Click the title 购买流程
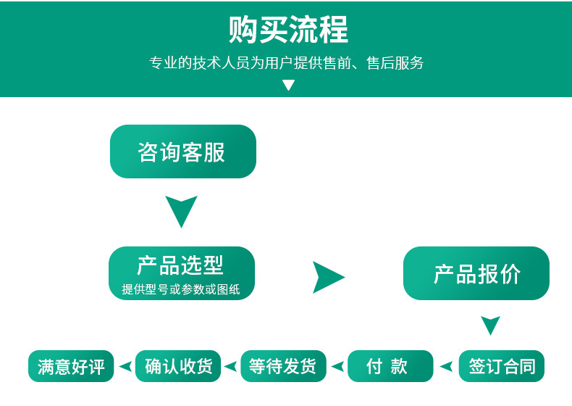[x=288, y=29]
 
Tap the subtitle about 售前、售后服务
[x=287, y=63]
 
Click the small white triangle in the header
[x=289, y=85]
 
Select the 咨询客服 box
[x=183, y=152]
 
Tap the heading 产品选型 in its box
[x=180, y=265]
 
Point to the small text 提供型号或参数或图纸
[x=181, y=289]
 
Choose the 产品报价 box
[x=476, y=273]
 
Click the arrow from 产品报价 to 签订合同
[x=490, y=324]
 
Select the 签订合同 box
[x=502, y=366]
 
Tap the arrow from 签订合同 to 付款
[x=447, y=366]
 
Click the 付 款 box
[x=390, y=366]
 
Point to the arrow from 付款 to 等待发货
[x=339, y=366]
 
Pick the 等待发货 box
[x=283, y=366]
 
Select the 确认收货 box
[x=178, y=366]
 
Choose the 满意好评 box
[x=71, y=366]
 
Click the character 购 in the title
[x=243, y=30]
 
